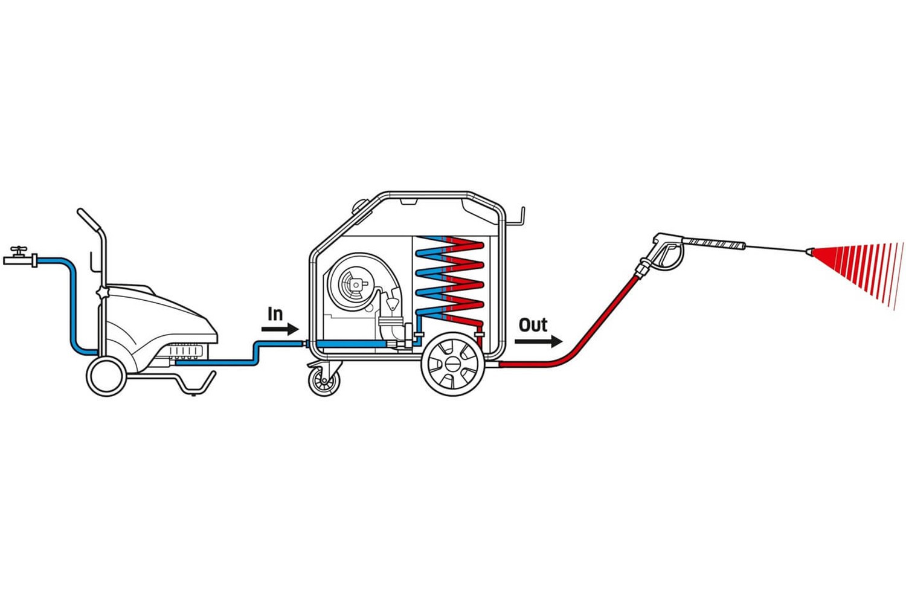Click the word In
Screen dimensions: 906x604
coord(275,314)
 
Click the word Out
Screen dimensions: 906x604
coord(533,325)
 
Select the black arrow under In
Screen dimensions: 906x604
coord(280,329)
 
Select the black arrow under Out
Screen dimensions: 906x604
coord(538,341)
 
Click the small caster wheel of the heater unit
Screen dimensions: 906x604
coord(324,382)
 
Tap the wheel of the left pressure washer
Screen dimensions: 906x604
coord(106,377)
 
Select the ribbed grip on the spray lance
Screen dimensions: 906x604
coord(716,243)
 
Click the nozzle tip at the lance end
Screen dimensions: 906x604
coord(809,252)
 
